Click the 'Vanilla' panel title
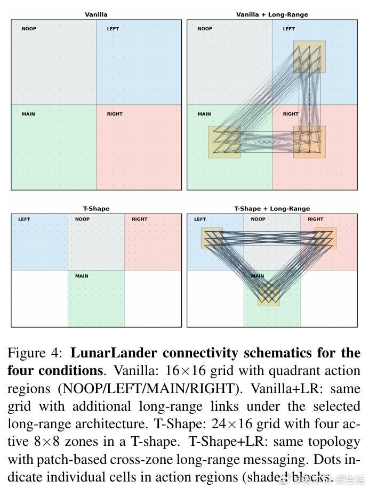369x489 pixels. click(x=96, y=15)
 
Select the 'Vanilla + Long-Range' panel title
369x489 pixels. click(x=272, y=15)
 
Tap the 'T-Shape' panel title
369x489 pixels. click(x=96, y=209)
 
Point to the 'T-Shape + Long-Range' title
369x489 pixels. click(x=272, y=209)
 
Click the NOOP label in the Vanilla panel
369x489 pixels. click(x=29, y=29)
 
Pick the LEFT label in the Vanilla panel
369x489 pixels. click(x=113, y=29)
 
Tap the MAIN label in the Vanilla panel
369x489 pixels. click(x=28, y=114)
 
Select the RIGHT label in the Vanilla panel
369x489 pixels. click(x=115, y=114)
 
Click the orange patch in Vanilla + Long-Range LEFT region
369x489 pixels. click(x=309, y=57)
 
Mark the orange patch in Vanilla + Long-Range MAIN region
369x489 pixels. click(x=224, y=142)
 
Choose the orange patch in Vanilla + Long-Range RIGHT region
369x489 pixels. click(x=309, y=142)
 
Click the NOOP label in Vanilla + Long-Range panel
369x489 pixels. click(x=205, y=29)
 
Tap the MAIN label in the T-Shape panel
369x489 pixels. click(x=82, y=276)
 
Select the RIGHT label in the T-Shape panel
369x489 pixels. click(x=140, y=219)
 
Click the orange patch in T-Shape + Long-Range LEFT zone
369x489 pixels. click(x=212, y=238)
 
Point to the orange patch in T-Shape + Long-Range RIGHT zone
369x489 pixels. click(x=325, y=238)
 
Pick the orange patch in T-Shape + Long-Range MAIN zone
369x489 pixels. click(x=269, y=295)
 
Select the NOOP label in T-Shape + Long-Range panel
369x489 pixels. click(x=258, y=219)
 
